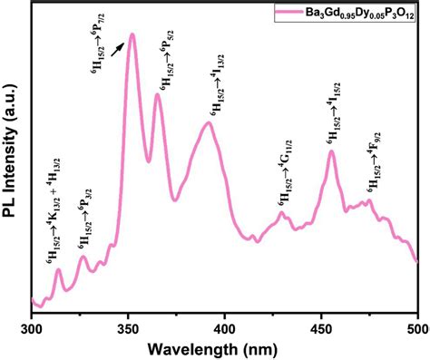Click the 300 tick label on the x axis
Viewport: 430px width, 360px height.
(x=32, y=324)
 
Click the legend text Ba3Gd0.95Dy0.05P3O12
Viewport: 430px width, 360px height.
(x=363, y=15)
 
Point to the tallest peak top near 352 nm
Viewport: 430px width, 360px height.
(x=132, y=35)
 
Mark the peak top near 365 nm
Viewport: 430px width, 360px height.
(x=157, y=93)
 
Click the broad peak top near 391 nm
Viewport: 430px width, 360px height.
(x=209, y=122)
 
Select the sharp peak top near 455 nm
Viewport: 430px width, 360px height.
(x=331, y=151)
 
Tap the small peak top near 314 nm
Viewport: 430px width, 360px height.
(x=59, y=269)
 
